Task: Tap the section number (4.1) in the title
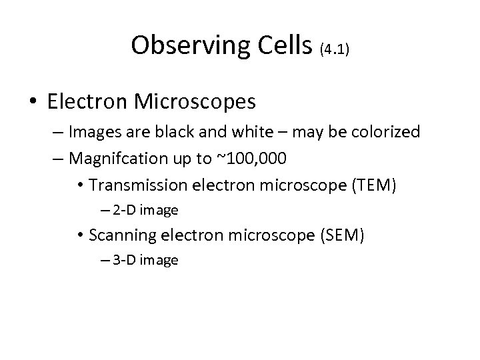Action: pos(334,49)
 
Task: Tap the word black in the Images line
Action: pos(177,132)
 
